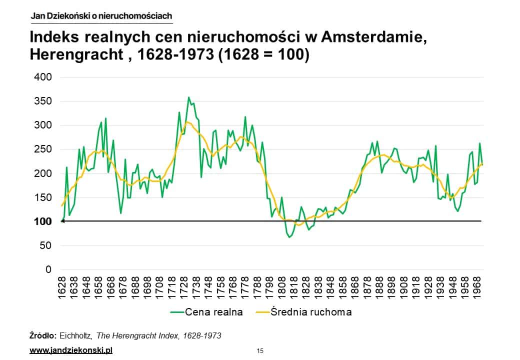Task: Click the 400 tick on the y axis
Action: coord(42,77)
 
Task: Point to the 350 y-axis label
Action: coord(42,101)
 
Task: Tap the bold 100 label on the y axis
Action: coord(42,221)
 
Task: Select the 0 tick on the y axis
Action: coord(48,270)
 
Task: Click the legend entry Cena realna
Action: coord(213,312)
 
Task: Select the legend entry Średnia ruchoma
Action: coord(310,312)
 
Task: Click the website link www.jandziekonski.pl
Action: coord(71,350)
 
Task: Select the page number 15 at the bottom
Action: coord(260,350)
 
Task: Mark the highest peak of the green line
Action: coord(188,97)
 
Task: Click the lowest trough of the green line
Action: coord(289,237)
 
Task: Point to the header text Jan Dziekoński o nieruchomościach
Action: coord(101,16)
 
